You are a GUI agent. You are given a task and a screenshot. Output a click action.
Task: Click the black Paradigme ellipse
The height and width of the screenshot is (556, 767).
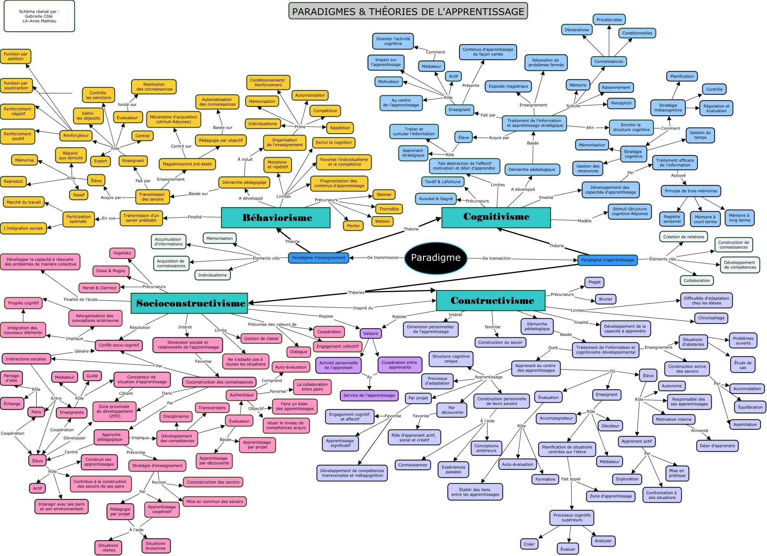(436, 258)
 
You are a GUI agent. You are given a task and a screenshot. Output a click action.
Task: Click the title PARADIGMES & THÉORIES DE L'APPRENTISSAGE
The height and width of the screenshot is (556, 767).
(408, 11)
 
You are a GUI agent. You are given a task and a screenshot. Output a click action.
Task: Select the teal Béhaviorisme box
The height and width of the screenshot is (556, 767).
(276, 217)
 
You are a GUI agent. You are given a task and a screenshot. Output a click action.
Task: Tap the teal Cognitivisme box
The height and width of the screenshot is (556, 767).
(496, 217)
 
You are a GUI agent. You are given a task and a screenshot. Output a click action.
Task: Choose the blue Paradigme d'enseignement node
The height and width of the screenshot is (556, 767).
(318, 258)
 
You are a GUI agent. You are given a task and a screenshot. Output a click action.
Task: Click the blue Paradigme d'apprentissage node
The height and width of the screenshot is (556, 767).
(607, 260)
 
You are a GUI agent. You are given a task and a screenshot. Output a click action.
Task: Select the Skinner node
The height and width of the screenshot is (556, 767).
(384, 195)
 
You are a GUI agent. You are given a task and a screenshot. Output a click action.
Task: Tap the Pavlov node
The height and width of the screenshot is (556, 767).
(353, 226)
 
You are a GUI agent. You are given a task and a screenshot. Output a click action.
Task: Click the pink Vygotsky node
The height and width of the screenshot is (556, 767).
(122, 253)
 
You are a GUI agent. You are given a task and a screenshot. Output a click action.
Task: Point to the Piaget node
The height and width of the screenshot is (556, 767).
(594, 282)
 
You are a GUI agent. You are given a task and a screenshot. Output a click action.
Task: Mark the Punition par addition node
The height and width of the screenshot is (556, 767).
(16, 56)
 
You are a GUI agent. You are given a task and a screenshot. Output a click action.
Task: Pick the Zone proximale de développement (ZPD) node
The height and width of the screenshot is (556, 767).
(115, 411)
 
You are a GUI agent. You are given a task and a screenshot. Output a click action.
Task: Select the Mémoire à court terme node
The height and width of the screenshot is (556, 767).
(705, 219)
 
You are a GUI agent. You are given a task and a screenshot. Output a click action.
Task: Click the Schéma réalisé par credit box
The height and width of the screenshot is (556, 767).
(39, 16)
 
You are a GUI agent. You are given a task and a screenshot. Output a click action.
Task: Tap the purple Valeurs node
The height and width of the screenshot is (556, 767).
(370, 333)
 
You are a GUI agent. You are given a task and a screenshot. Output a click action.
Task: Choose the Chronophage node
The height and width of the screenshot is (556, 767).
(711, 318)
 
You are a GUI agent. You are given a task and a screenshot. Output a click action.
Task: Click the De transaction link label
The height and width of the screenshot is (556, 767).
(496, 258)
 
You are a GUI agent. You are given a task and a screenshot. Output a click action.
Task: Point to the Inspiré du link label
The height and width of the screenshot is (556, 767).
(363, 308)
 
